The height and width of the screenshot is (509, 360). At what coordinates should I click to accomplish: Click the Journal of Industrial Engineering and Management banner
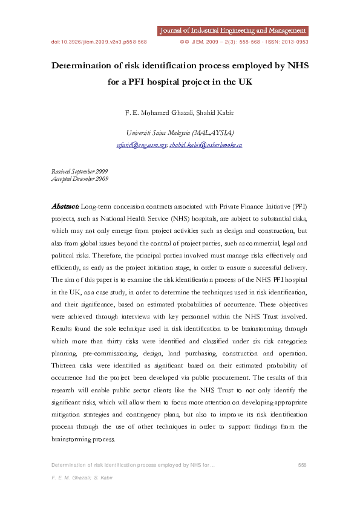232,31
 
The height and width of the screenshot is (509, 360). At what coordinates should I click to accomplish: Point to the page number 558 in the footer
303,464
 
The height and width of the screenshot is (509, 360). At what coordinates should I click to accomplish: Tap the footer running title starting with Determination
133,464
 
